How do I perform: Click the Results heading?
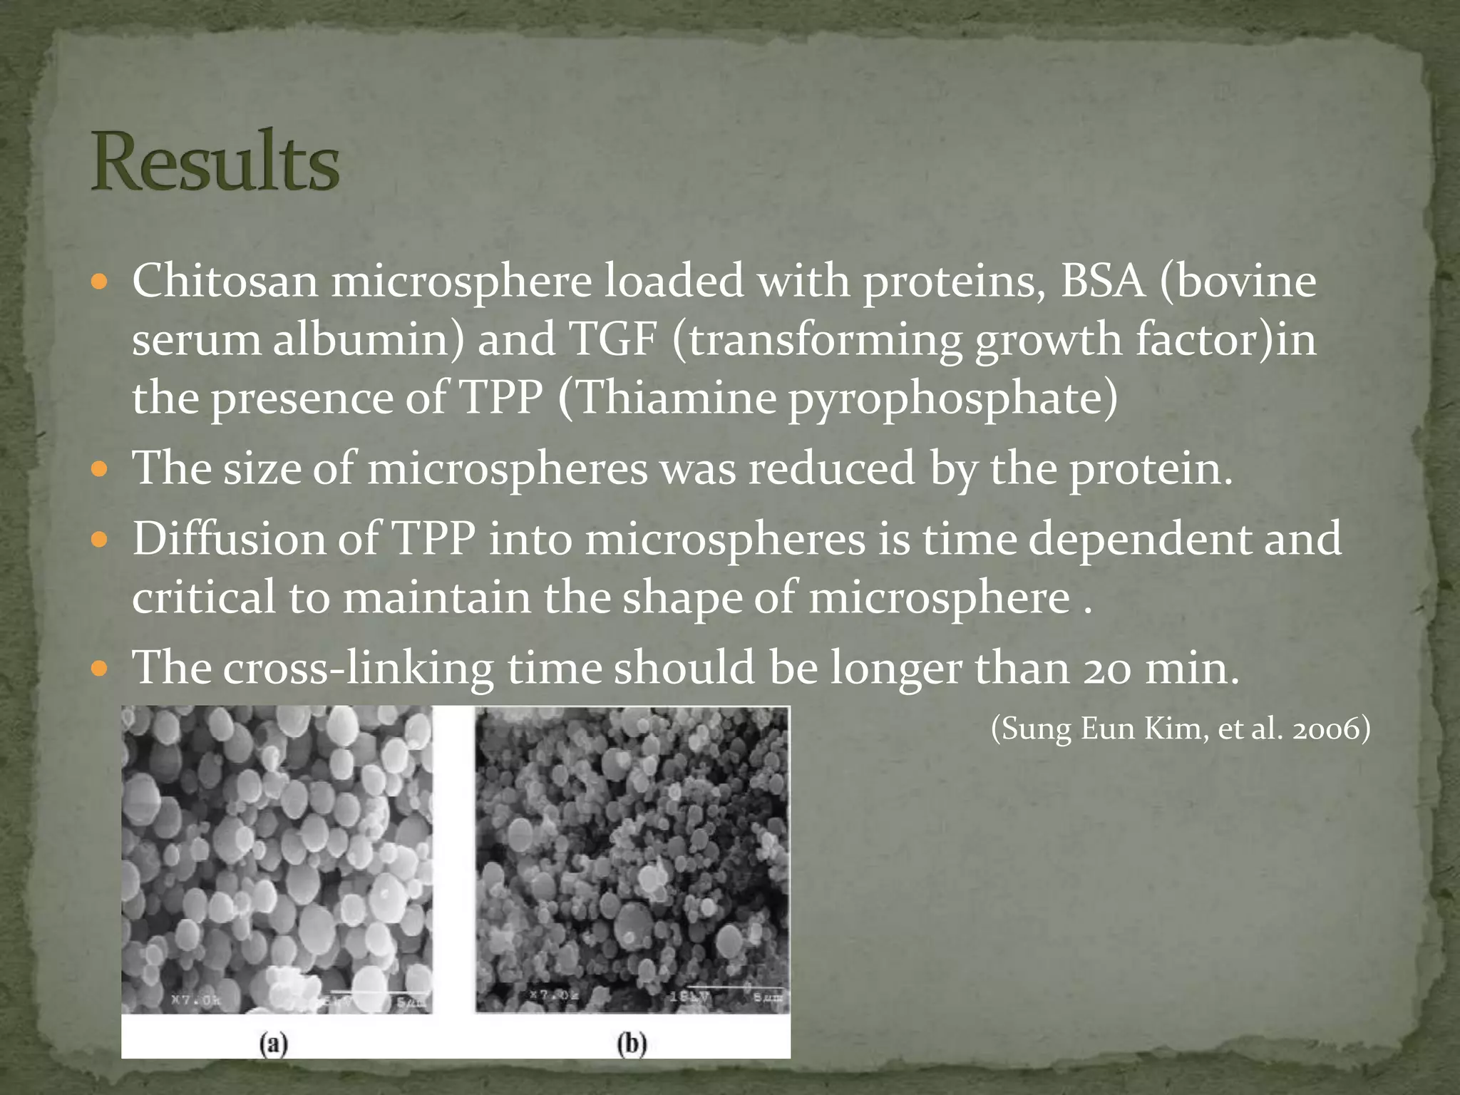click(x=215, y=162)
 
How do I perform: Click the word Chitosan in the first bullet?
click(x=225, y=281)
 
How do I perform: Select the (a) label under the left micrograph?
click(x=274, y=1045)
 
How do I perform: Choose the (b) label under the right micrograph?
click(x=632, y=1045)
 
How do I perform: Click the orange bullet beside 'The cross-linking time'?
click(x=100, y=669)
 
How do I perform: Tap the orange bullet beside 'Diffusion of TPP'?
click(x=100, y=540)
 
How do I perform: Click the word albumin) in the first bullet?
click(x=369, y=339)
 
